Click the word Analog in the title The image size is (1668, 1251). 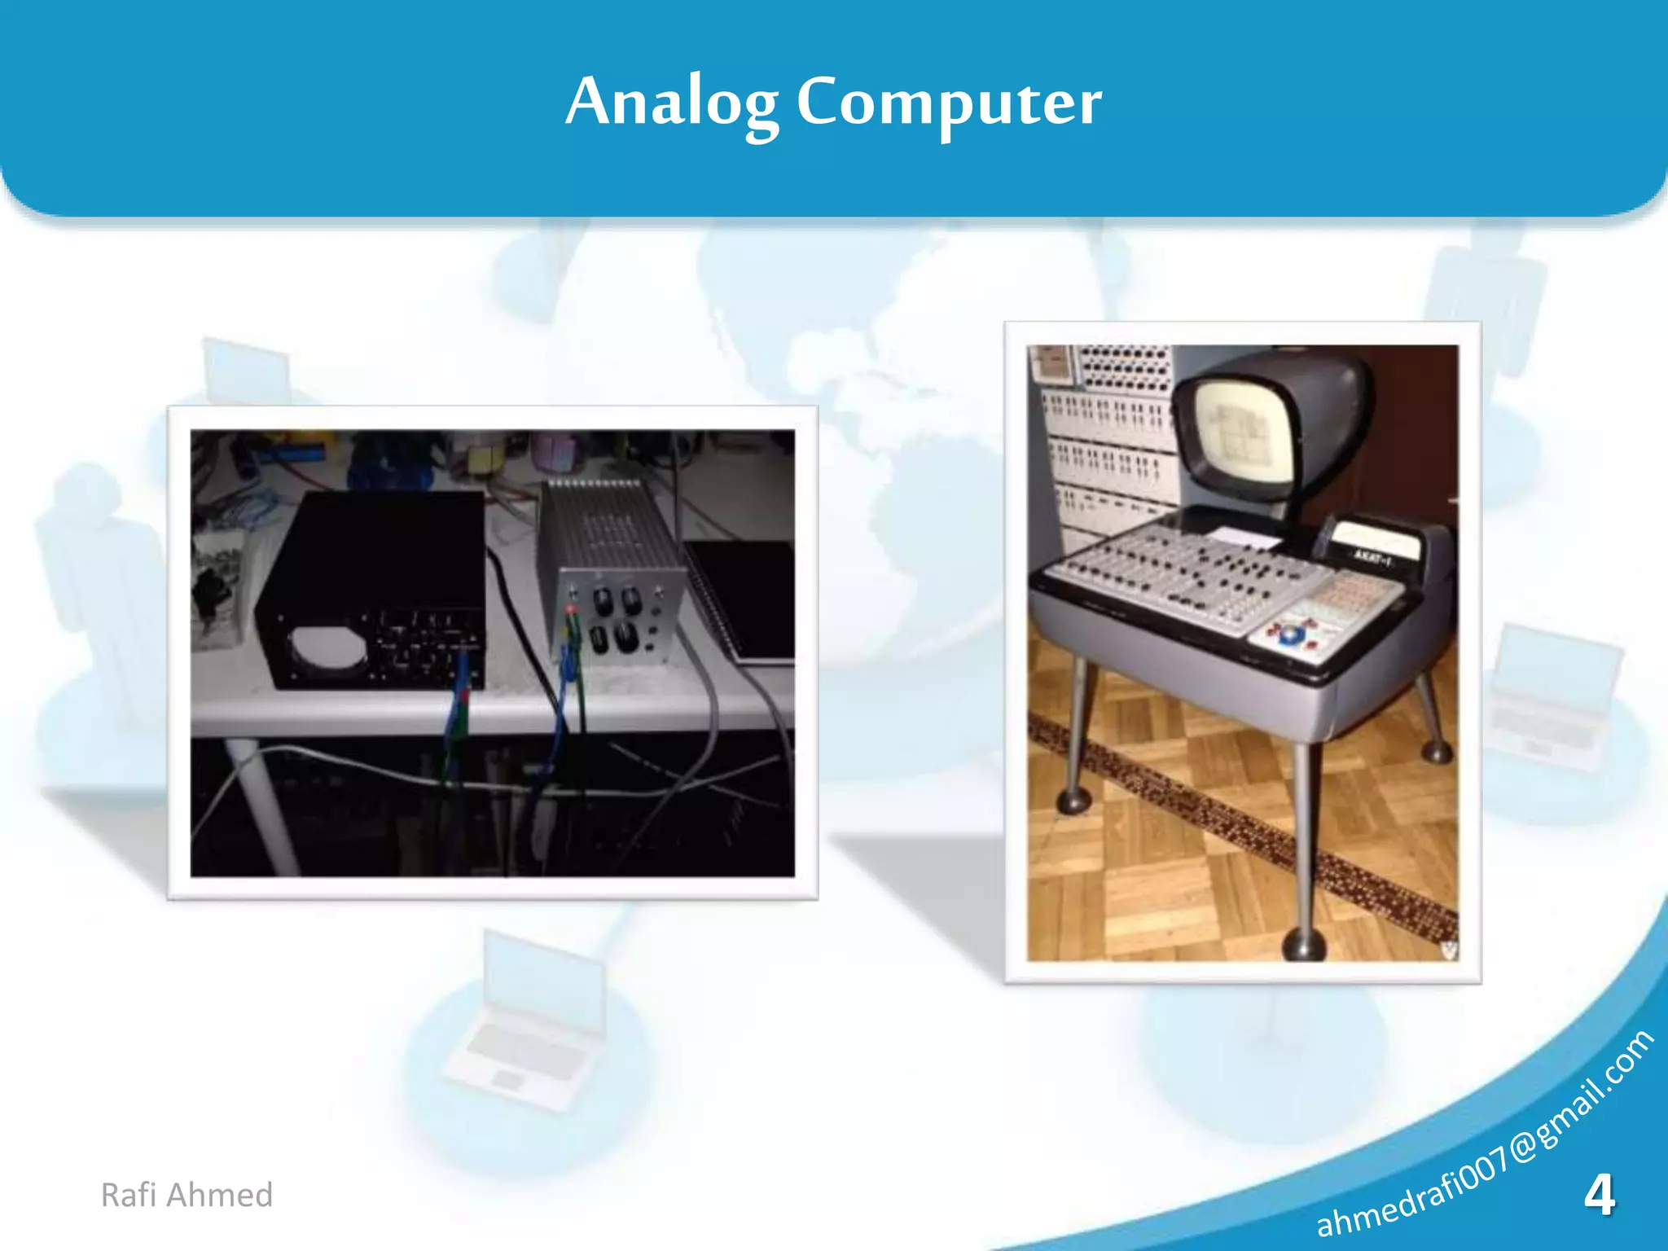[671, 103]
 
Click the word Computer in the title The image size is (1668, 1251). [949, 103]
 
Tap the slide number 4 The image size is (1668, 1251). [1599, 1196]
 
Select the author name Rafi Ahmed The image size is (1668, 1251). [187, 1195]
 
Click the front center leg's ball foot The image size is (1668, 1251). [1305, 945]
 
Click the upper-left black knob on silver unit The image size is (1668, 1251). [604, 602]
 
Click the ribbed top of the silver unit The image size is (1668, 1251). [603, 521]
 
